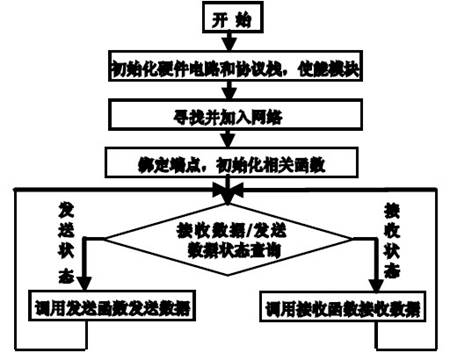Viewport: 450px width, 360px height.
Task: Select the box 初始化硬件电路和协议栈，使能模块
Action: coord(229,69)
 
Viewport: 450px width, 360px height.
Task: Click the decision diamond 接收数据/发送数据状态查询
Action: coord(229,238)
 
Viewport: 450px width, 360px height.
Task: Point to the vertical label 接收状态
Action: coord(393,240)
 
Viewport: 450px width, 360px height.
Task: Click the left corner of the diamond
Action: coord(108,238)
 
